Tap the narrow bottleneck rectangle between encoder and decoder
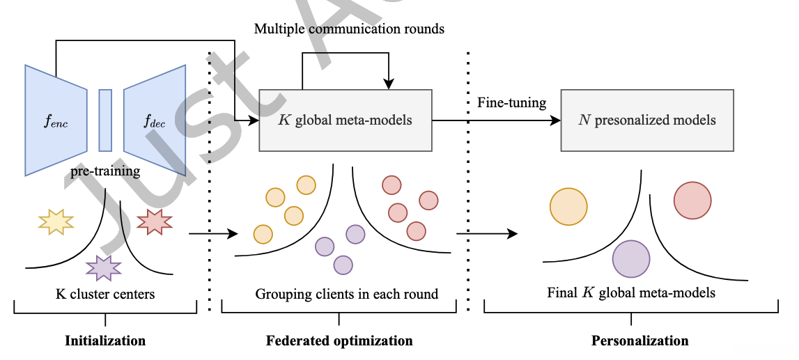(105, 120)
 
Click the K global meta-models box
(346, 120)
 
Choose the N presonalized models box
(647, 120)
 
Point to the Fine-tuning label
(512, 103)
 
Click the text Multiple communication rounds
(349, 29)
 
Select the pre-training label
(105, 171)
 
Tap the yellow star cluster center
(56, 221)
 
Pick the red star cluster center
(154, 221)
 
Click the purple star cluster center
(104, 267)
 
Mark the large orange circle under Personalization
(568, 206)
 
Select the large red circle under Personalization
(692, 201)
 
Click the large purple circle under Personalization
(631, 258)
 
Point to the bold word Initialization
(105, 341)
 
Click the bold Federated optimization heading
(339, 341)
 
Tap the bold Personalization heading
(639, 341)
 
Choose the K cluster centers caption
(105, 294)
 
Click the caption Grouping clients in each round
(347, 294)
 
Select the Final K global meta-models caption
(631, 292)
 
